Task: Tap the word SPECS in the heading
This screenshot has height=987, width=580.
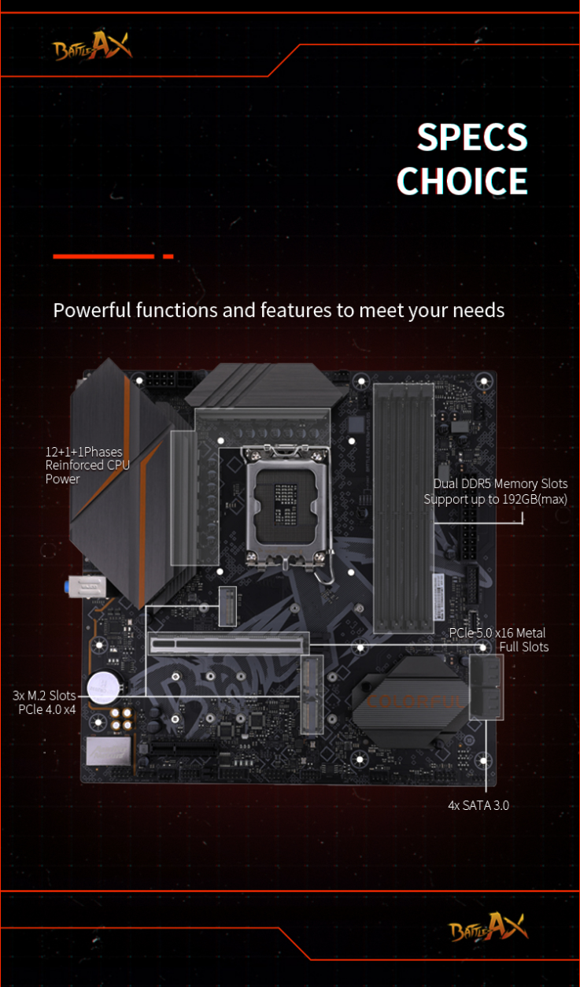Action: (472, 137)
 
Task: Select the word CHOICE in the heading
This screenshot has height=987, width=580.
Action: (462, 181)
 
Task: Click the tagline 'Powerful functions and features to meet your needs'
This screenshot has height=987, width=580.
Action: (279, 310)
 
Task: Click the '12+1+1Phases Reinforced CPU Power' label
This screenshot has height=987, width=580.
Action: (87, 465)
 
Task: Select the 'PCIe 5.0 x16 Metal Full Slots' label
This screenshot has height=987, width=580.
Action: (498, 640)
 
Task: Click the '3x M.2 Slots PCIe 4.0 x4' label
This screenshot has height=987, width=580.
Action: (44, 702)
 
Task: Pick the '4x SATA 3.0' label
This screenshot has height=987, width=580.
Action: (478, 805)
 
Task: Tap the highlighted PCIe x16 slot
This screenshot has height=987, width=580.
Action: (228, 644)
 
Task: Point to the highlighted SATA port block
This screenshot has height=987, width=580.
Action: (486, 687)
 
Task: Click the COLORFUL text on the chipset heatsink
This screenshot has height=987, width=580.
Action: (414, 701)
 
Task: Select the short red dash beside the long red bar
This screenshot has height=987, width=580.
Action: (168, 257)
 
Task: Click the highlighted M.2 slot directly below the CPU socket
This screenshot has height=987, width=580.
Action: (227, 606)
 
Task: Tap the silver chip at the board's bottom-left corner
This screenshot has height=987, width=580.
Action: (109, 751)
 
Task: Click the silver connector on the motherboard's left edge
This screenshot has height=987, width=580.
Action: (87, 586)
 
